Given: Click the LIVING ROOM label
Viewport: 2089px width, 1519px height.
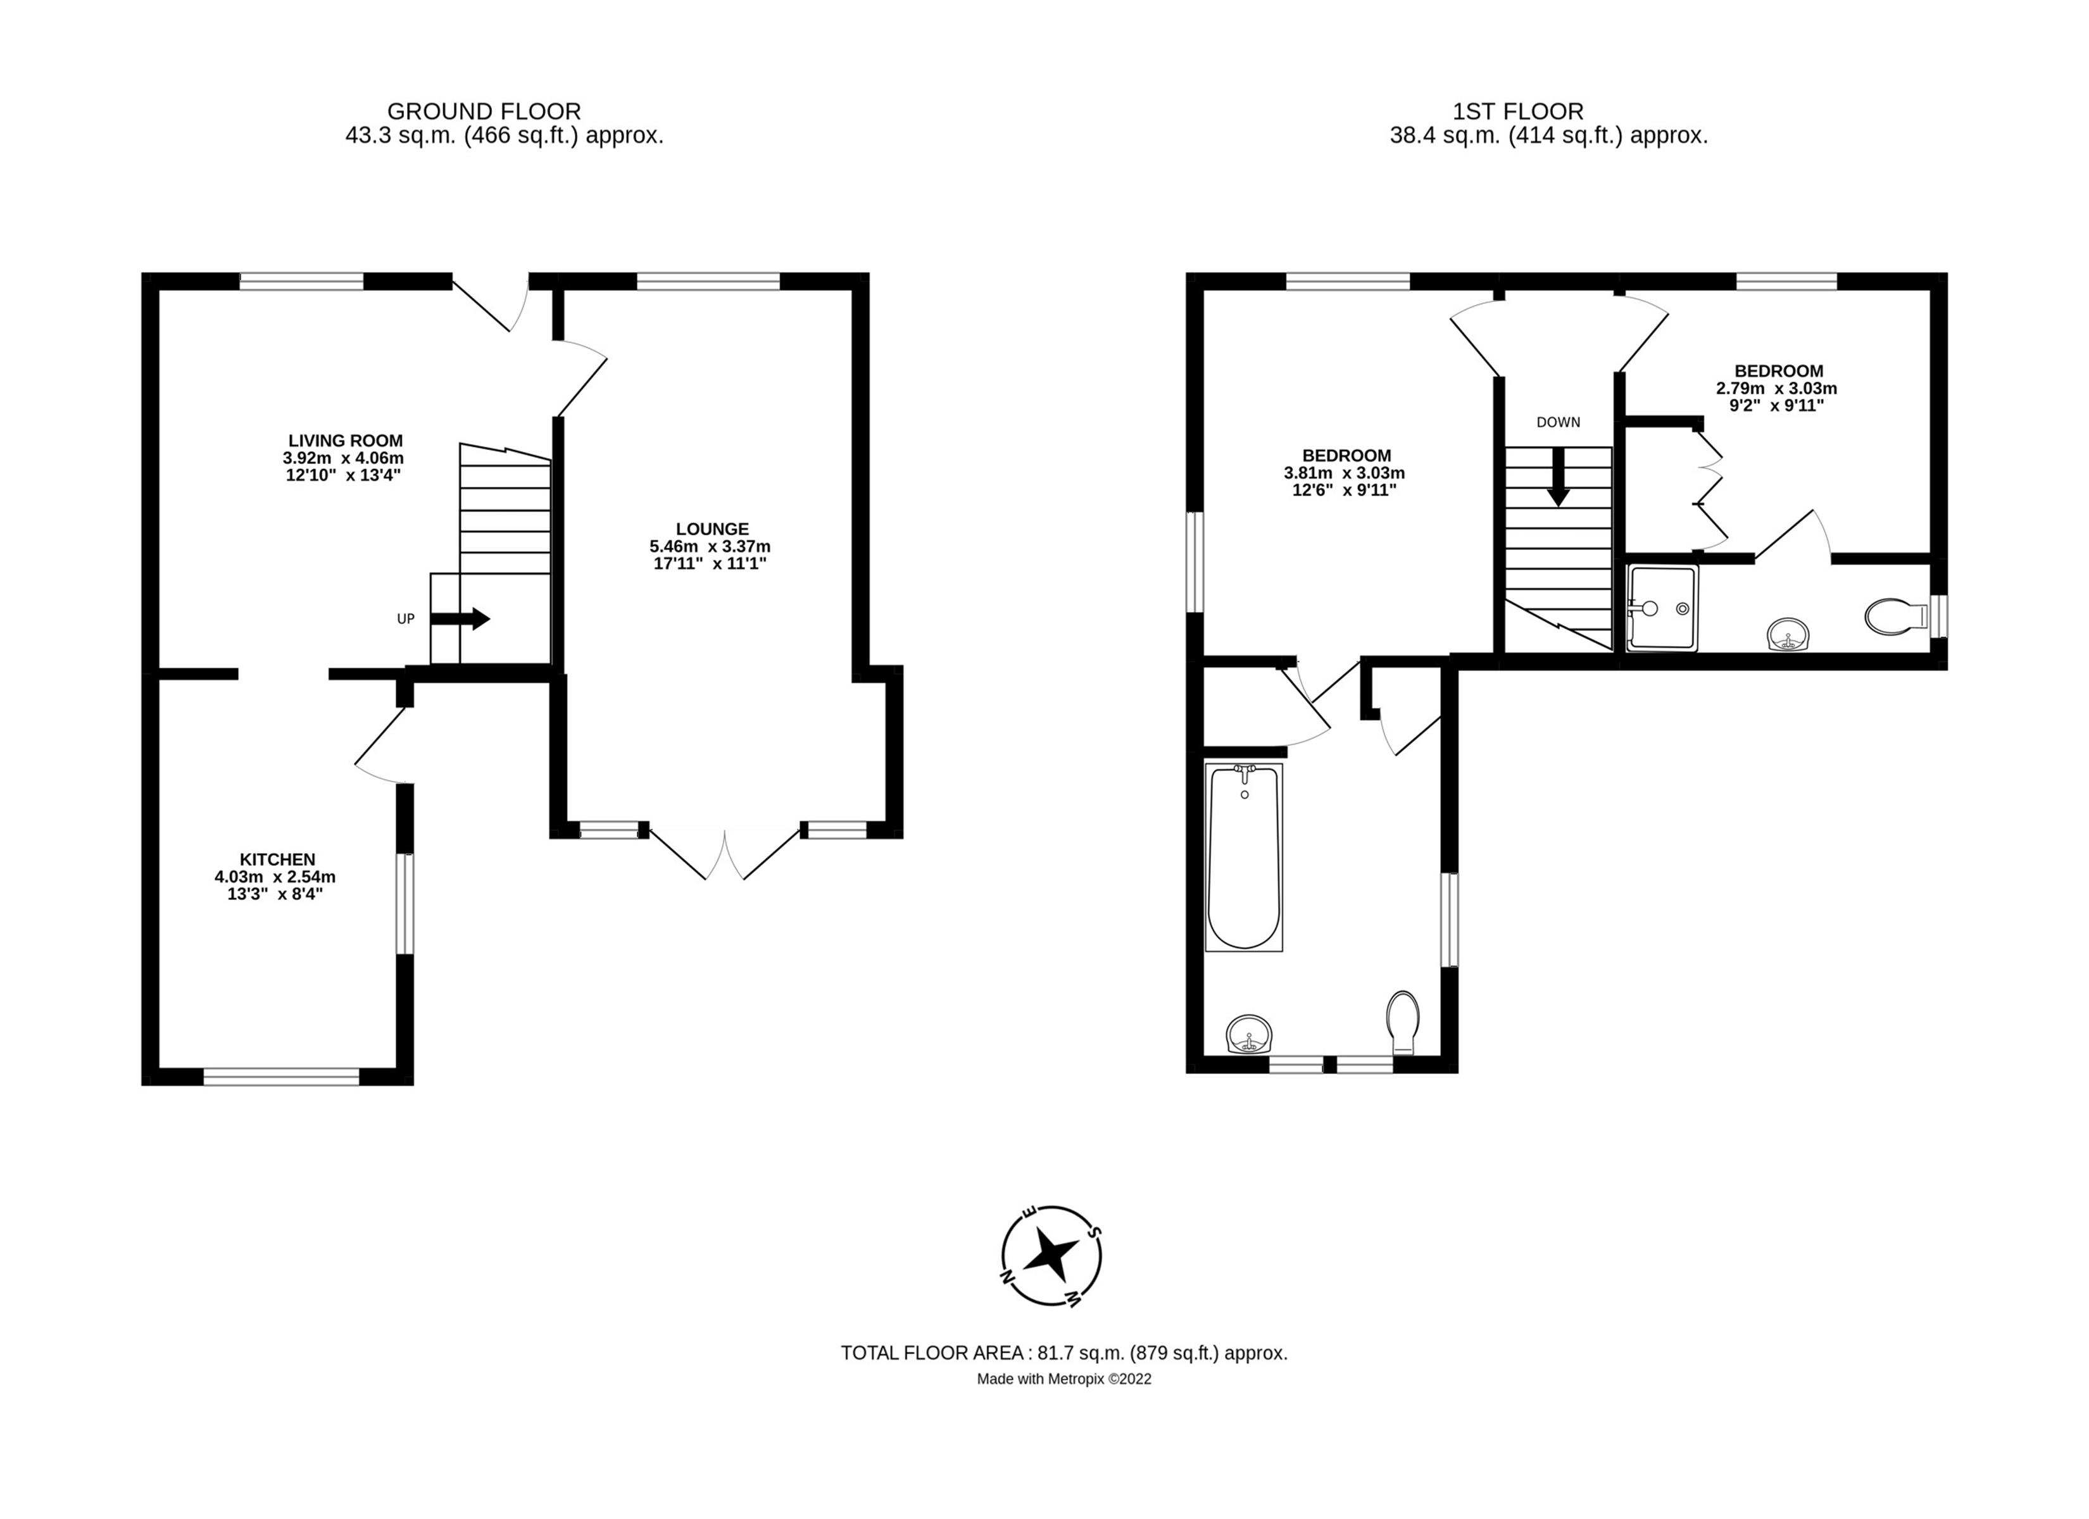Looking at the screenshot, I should [x=346, y=441].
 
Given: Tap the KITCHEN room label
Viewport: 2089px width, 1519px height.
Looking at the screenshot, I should [x=277, y=858].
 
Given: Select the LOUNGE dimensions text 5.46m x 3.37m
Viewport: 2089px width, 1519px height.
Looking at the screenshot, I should [x=710, y=546].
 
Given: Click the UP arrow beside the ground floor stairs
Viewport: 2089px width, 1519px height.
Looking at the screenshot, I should [x=460, y=619].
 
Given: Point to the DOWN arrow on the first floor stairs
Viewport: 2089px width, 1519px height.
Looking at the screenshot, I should [x=1557, y=476].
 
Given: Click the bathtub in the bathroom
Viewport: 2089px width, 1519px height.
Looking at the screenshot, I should [x=1243, y=858].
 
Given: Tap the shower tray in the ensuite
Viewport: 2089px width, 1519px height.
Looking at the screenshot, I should [x=1662, y=609].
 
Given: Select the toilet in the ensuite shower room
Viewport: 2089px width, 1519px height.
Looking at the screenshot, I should [x=1893, y=616].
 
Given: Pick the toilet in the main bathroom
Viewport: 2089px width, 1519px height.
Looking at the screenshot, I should [x=1403, y=1023].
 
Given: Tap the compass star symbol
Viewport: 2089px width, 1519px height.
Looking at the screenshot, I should [x=1051, y=1254].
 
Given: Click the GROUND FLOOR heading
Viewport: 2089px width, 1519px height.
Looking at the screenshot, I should [x=484, y=111].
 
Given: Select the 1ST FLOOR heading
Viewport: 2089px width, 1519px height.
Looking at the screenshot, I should [x=1518, y=111].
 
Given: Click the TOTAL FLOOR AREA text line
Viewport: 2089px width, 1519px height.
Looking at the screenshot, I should [x=1064, y=1353].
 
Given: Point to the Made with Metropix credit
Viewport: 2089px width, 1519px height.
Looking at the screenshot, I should [x=1064, y=1379].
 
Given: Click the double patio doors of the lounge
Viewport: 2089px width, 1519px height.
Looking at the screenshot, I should [x=725, y=855].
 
